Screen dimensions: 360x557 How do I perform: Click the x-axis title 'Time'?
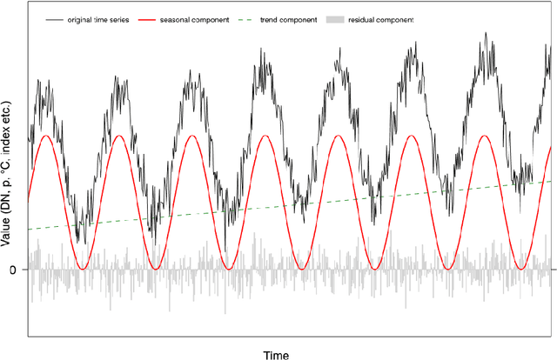pos(276,354)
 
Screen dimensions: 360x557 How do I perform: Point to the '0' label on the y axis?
pos(12,270)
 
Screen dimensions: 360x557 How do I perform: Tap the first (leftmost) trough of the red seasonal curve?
pos(83,269)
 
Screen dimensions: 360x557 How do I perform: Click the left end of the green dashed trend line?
pos(29,230)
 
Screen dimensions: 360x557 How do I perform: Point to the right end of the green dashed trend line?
pos(550,180)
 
